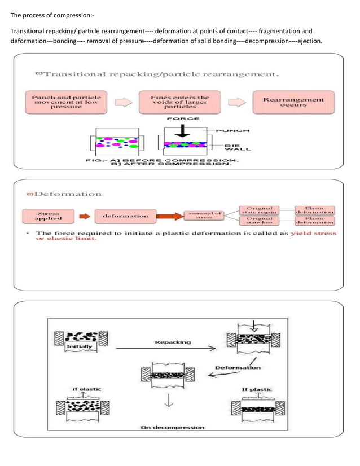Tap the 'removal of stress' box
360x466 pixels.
click(204, 215)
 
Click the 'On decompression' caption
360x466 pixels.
click(172, 428)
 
